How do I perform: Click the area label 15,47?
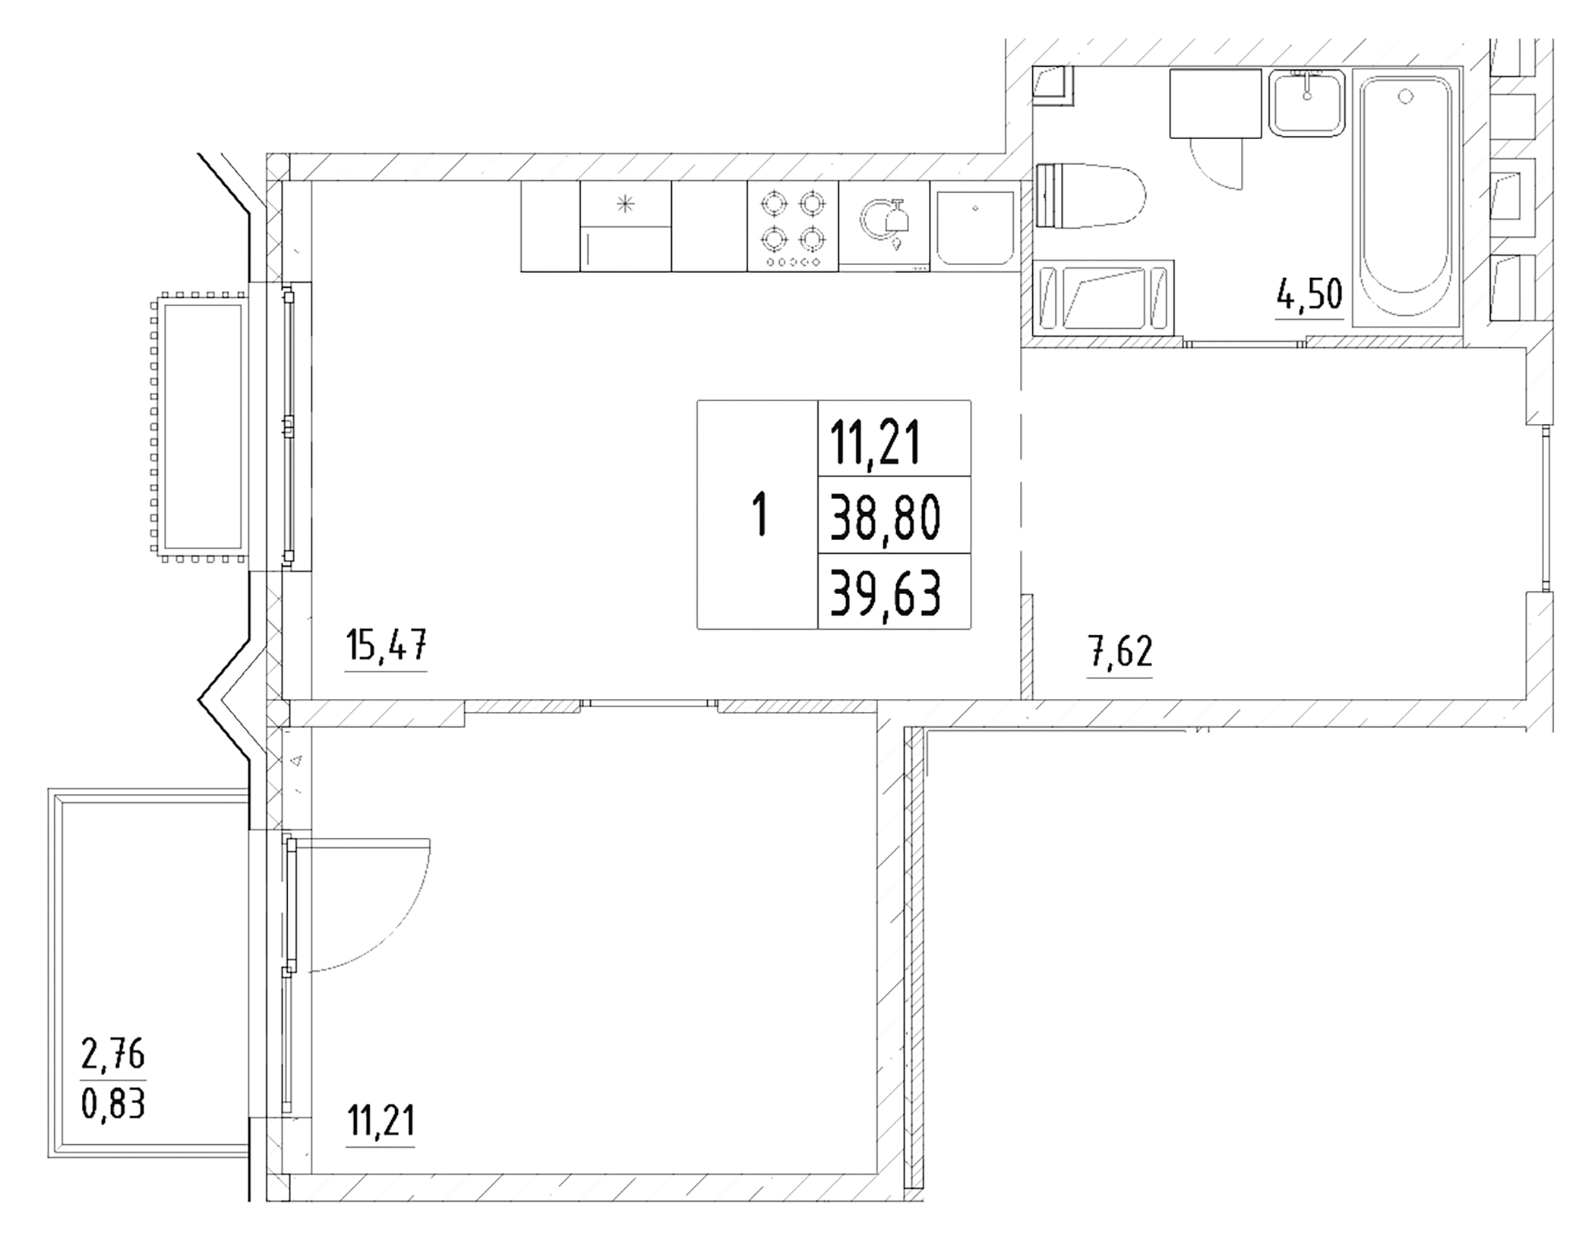coord(386,647)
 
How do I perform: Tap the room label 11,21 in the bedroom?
coord(381,1121)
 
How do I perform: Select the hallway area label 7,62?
coord(1120,652)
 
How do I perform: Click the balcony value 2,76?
coord(113,1054)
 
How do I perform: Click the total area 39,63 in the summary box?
coord(886,593)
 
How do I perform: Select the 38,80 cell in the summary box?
coord(886,516)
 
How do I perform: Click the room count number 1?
coord(759,514)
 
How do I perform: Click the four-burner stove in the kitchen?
coord(793,226)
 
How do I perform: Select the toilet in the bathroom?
coord(1090,195)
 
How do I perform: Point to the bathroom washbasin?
coord(1307,103)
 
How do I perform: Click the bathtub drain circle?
coord(1407,97)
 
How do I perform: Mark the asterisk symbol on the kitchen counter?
coord(625,203)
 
